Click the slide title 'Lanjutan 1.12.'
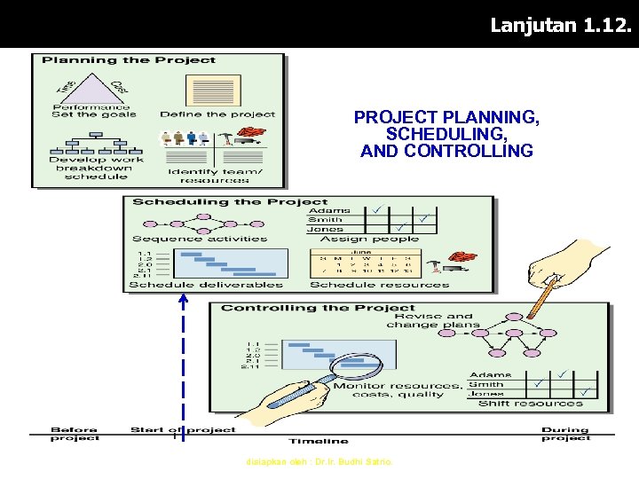(x=562, y=26)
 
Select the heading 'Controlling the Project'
(x=318, y=308)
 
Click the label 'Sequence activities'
(x=200, y=239)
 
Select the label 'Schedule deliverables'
(x=206, y=285)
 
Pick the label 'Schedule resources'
(x=380, y=285)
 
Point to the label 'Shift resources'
(x=531, y=404)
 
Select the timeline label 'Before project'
(x=75, y=434)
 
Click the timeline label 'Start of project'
(x=183, y=430)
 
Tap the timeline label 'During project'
(x=565, y=434)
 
